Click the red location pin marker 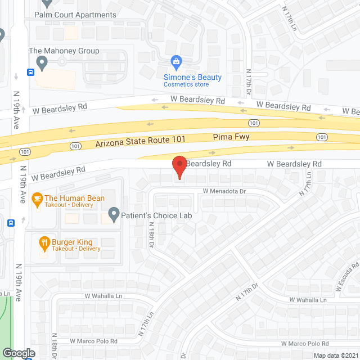click(179, 167)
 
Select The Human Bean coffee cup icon click(37, 198)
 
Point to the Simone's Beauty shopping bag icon click(176, 61)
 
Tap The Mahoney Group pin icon click(40, 61)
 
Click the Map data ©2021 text click(335, 355)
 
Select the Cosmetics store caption click(186, 85)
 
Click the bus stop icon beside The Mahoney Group click(30, 72)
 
